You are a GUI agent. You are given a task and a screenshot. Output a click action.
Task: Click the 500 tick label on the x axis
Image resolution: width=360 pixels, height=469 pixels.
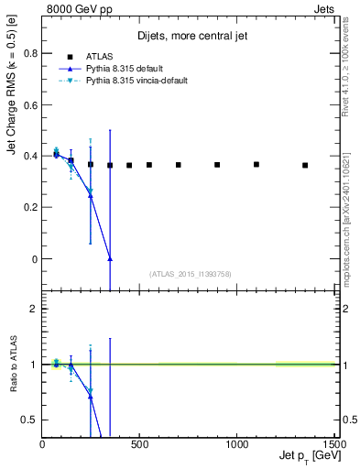(x=140, y=445)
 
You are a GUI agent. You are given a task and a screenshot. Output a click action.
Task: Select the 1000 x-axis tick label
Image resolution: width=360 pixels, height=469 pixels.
(x=237, y=445)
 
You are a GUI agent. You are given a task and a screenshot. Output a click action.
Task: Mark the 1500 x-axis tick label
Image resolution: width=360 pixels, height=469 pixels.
(x=334, y=445)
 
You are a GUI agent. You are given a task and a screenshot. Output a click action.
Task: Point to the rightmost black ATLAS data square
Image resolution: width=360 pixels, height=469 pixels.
(x=305, y=166)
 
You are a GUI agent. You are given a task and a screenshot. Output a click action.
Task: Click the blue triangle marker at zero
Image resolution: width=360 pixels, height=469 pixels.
(x=110, y=259)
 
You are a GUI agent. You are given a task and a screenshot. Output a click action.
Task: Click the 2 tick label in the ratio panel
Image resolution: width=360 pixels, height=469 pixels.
(x=35, y=309)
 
